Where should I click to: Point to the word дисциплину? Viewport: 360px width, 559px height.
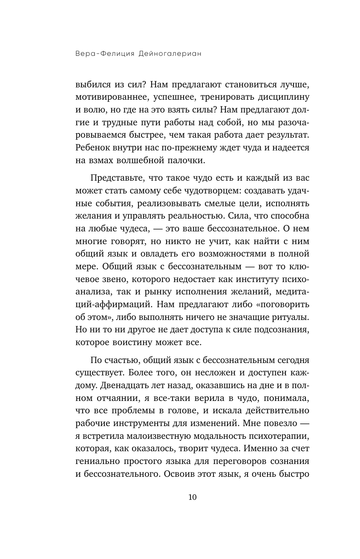tap(281, 96)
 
